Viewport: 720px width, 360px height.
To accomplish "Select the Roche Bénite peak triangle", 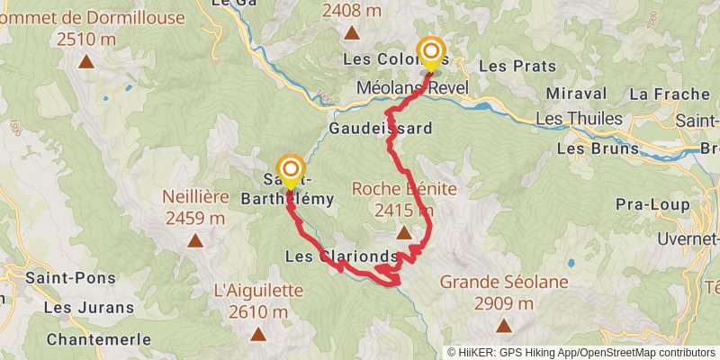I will pos(404,232).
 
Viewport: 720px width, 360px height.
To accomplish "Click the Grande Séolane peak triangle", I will pos(504,325).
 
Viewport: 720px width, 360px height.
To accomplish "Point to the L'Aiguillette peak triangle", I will pos(258,334).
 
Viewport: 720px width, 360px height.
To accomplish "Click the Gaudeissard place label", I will pos(381,129).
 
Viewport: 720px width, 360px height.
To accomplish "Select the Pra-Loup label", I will pos(652,204).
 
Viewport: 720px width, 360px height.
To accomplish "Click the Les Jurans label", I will pos(88,307).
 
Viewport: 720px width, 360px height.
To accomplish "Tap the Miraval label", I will pos(569,93).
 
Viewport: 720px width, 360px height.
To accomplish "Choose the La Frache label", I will pos(664,93).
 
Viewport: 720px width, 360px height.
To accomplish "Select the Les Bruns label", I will pos(592,147).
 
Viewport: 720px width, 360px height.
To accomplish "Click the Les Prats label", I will pos(517,66).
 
